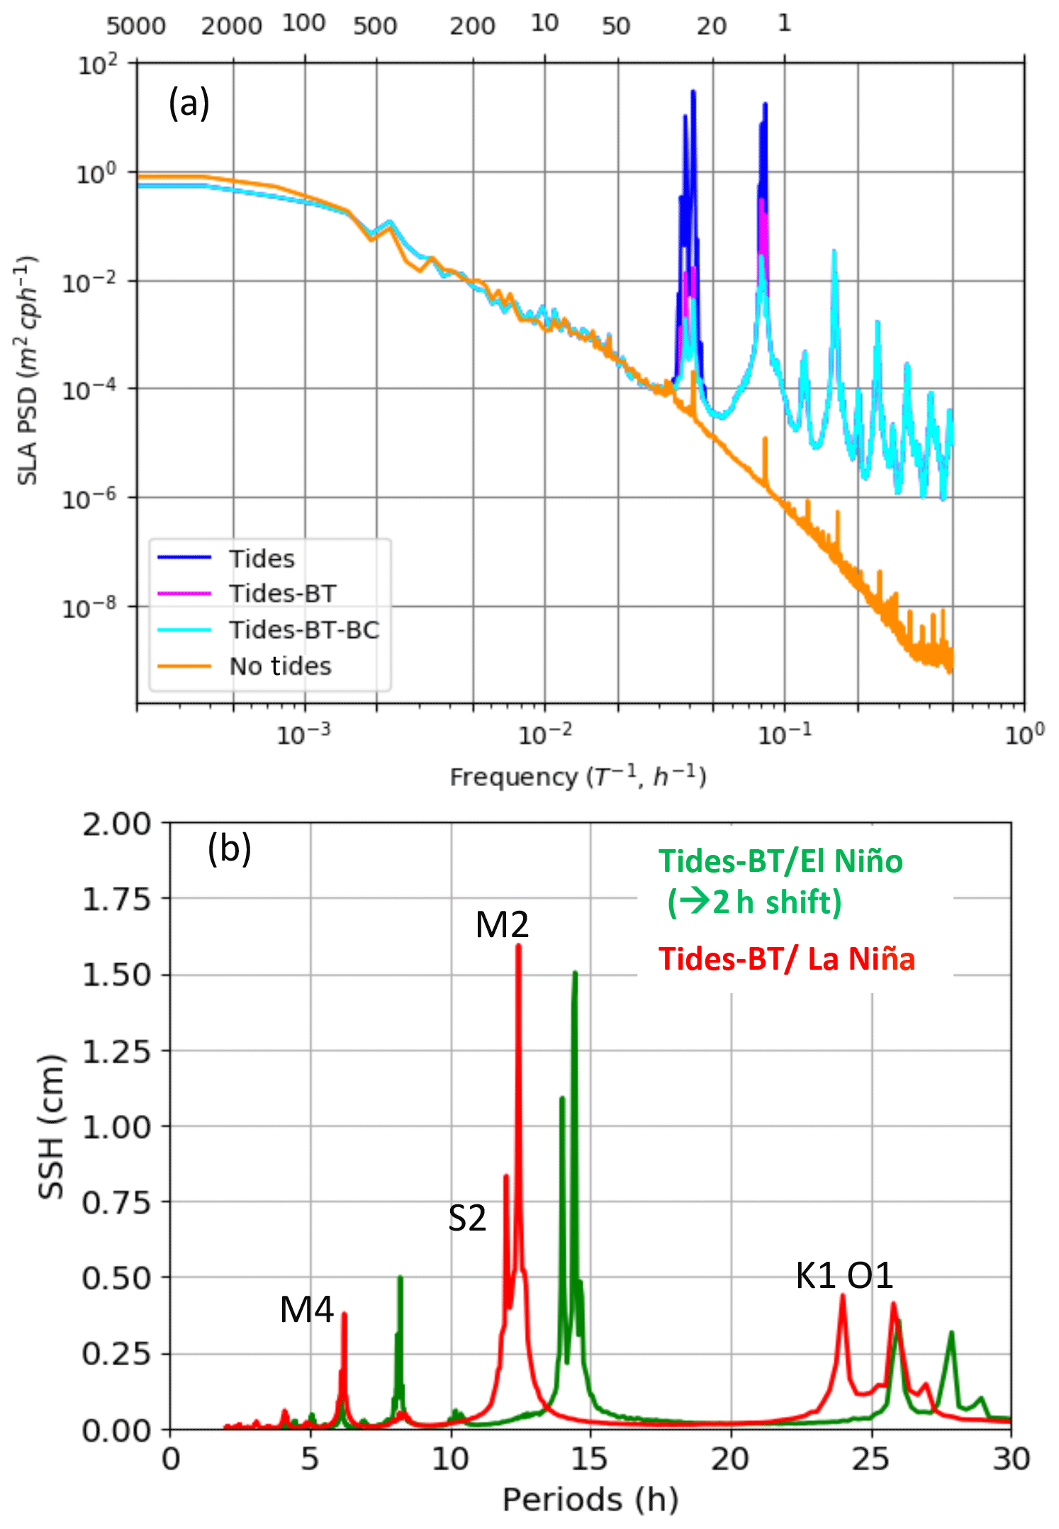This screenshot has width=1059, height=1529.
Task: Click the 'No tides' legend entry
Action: pos(280,666)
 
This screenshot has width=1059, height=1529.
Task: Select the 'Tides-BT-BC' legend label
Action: pos(303,629)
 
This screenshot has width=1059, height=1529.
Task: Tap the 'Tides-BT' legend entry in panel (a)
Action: pos(282,593)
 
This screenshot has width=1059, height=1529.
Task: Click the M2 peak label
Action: pos(502,925)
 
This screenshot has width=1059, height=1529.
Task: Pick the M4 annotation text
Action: pos(306,1309)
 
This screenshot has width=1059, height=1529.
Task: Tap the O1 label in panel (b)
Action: pos(870,1276)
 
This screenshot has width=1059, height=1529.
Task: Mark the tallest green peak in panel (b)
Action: pos(575,973)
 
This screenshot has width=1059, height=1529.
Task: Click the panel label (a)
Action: pos(189,103)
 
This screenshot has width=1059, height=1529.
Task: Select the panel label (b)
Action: pos(229,848)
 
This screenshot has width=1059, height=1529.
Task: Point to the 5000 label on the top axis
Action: pos(136,26)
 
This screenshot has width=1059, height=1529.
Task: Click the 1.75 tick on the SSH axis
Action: pos(117,899)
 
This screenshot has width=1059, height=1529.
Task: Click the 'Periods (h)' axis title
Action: pos(590,1500)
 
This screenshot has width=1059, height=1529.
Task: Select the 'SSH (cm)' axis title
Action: pos(51,1127)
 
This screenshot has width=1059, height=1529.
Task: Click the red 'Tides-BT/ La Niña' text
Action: pos(787,959)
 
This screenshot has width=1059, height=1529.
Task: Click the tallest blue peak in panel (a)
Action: pos(693,91)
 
